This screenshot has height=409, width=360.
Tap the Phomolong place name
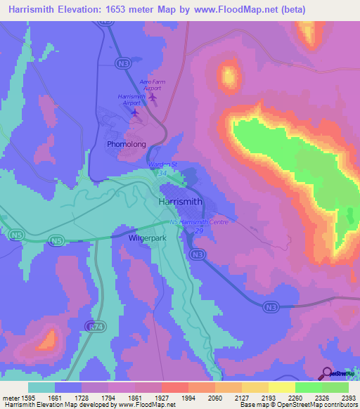pyautogui.click(x=127, y=144)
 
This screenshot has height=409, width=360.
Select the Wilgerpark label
pyautogui.click(x=146, y=238)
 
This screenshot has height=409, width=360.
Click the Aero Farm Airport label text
pyautogui.click(x=151, y=85)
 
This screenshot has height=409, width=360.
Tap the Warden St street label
pyautogui.click(x=163, y=164)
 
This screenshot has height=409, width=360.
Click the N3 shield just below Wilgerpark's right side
pyautogui.click(x=199, y=254)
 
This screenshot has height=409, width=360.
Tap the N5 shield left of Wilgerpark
pyautogui.click(x=56, y=240)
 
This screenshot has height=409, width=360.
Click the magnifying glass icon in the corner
pyautogui.click(x=327, y=372)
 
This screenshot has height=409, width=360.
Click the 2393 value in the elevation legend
pyautogui.click(x=347, y=397)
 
